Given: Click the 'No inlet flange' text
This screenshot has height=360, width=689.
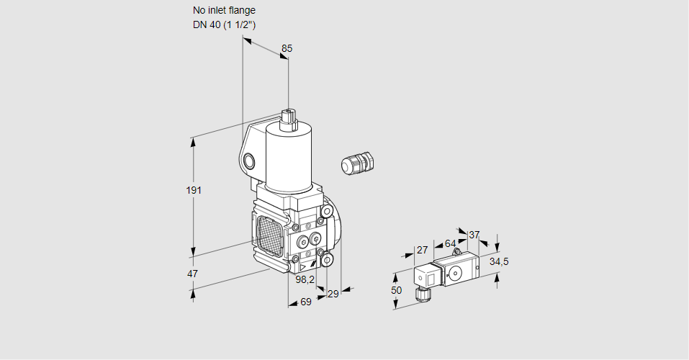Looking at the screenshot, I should click(224, 11).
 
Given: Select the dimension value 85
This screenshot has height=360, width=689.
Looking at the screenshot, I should click(287, 48).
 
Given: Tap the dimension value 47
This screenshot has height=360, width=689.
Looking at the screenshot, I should click(192, 274).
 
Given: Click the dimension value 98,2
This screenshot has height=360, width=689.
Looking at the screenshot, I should click(305, 279).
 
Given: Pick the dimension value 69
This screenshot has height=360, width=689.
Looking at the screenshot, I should click(305, 302).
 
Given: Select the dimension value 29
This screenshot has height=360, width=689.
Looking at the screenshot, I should click(333, 293).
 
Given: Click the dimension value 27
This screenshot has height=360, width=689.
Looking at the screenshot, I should click(422, 250).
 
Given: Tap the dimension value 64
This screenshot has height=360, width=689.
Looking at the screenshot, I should click(450, 243).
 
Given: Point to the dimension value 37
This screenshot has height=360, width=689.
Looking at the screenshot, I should click(474, 235).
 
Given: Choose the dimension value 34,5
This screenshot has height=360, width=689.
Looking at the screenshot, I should click(499, 261).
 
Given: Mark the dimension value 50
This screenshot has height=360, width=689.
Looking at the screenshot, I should click(396, 289).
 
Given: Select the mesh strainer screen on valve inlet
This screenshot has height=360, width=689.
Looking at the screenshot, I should click(270, 234).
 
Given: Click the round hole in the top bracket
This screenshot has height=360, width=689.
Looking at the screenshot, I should click(249, 160).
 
